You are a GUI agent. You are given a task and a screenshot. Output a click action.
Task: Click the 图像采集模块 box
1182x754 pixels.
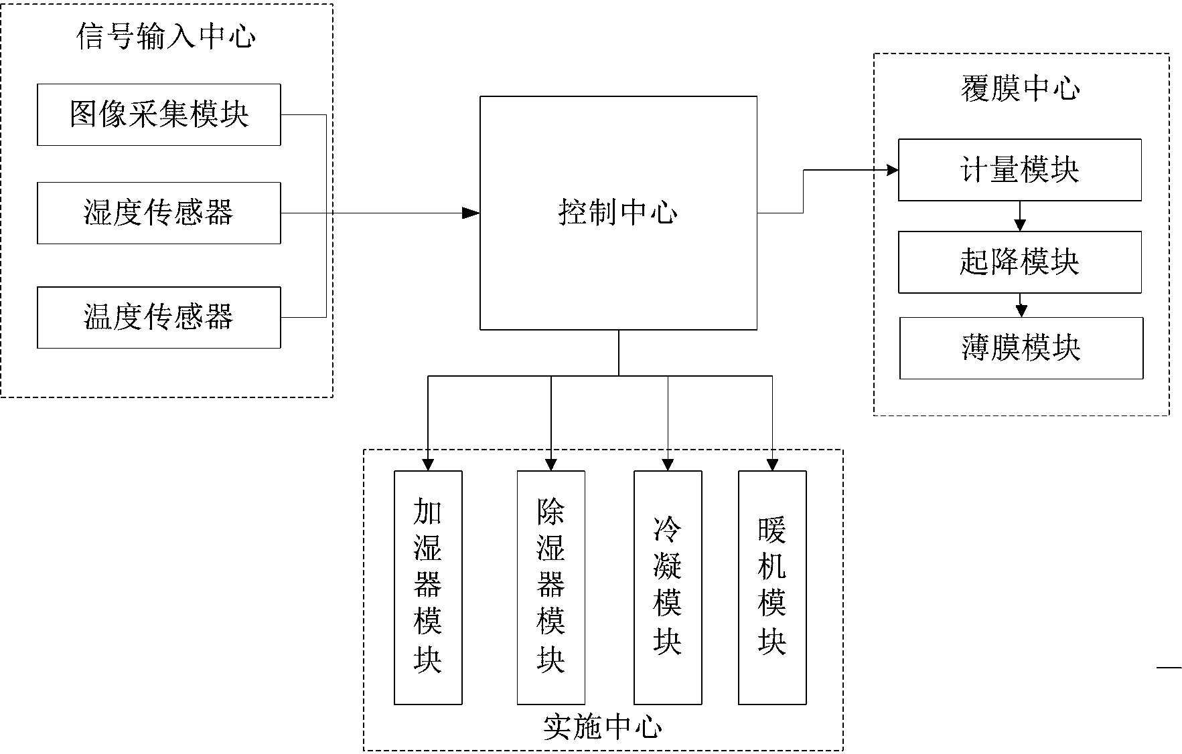(159, 114)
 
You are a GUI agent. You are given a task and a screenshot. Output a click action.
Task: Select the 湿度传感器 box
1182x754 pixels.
(159, 213)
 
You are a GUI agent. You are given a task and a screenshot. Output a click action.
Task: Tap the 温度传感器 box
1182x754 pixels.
(159, 317)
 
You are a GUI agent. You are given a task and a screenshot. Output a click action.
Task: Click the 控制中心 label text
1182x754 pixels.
(617, 213)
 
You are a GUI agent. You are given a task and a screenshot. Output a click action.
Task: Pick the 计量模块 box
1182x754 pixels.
(1019, 170)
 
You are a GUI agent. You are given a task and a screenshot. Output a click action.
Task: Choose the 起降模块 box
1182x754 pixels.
(1019, 262)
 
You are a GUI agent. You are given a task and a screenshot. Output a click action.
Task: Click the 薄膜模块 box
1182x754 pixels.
(1021, 348)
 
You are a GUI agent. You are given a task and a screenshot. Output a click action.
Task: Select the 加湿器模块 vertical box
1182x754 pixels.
(428, 587)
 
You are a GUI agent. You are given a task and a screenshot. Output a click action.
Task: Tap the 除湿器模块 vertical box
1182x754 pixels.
(550, 587)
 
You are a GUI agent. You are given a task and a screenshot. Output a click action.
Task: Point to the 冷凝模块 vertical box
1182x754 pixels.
(668, 587)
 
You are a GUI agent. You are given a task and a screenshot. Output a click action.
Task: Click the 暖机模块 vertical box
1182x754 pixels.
(772, 587)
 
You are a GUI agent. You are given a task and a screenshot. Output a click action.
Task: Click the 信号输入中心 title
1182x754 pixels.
(165, 36)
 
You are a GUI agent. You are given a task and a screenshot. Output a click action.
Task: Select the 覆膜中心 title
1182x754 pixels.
(1020, 88)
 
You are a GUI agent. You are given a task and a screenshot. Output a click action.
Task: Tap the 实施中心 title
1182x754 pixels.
(602, 728)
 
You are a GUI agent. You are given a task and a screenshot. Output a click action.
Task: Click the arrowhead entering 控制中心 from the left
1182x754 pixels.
(472, 213)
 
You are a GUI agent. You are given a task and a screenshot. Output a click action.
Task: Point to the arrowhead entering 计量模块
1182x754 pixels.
(891, 170)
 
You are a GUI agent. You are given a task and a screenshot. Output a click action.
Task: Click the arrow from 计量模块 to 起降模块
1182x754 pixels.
(1020, 217)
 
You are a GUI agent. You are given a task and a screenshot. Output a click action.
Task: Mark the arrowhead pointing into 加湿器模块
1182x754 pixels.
(428, 464)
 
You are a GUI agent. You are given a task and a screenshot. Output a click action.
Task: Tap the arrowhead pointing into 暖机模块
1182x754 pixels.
(772, 464)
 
